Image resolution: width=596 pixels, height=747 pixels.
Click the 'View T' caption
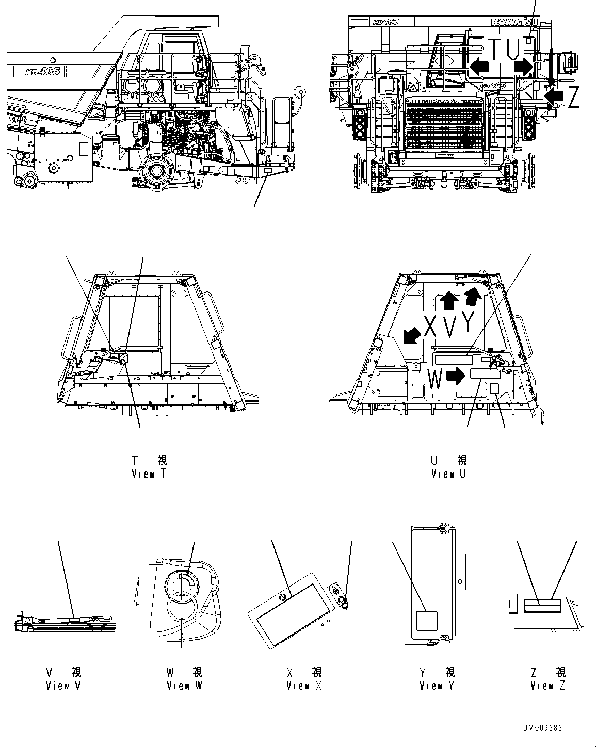(149, 474)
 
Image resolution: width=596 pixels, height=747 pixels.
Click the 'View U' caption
(448, 474)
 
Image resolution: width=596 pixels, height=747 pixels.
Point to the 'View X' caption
(304, 685)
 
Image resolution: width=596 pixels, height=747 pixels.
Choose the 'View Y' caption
(437, 685)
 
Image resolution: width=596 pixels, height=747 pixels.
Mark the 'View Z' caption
(548, 685)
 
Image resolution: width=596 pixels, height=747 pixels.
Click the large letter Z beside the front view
(573, 97)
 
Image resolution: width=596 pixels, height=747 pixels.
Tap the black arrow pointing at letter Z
(554, 94)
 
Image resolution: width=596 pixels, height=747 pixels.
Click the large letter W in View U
(435, 380)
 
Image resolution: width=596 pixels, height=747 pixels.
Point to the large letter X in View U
(430, 326)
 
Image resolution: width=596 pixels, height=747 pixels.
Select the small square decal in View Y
(426, 621)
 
